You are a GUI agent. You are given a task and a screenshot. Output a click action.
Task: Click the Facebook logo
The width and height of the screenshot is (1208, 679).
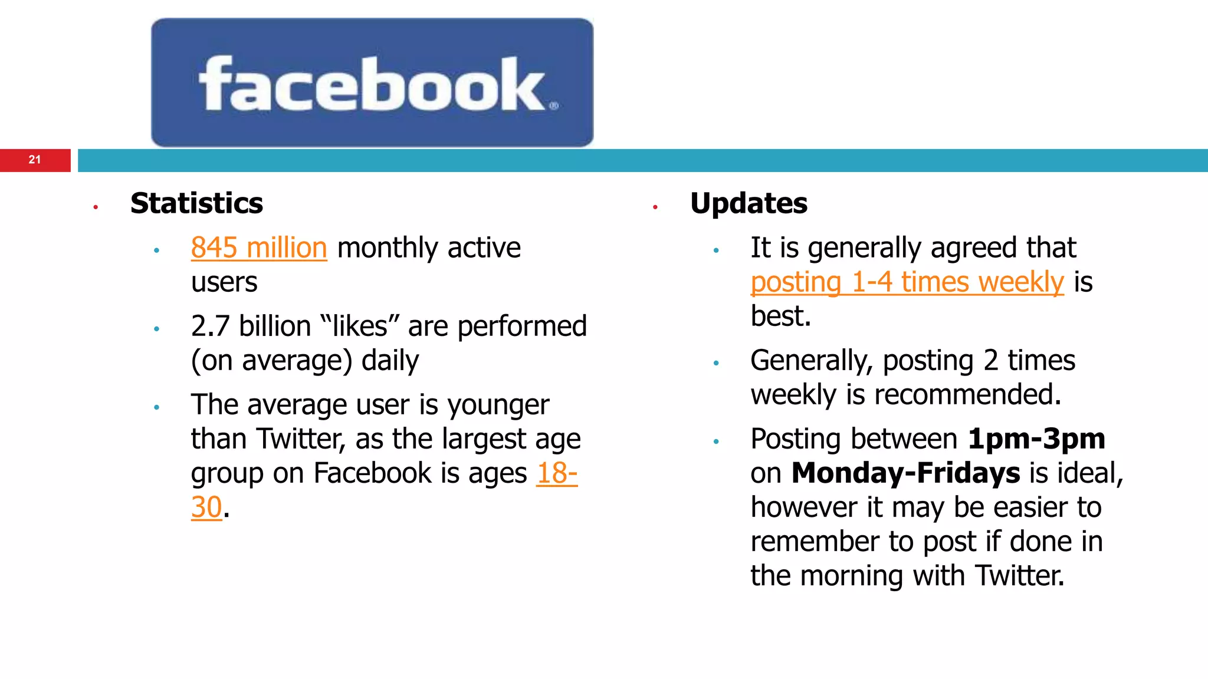click(x=372, y=83)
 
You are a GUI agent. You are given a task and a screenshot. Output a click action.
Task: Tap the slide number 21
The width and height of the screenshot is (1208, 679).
click(x=35, y=160)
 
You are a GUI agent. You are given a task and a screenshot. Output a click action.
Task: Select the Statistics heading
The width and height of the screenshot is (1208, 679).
click(x=196, y=203)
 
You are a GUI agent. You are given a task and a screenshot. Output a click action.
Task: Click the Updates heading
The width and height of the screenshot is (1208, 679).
click(x=749, y=203)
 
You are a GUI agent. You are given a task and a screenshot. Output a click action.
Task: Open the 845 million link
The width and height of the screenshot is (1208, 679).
click(x=258, y=248)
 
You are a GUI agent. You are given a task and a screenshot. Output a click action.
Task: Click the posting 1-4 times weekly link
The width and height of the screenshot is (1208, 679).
click(x=907, y=282)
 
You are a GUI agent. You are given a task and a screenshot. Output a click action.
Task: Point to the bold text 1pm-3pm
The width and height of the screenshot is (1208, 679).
click(x=1036, y=439)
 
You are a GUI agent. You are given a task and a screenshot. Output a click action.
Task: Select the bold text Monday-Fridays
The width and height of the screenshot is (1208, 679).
click(x=905, y=473)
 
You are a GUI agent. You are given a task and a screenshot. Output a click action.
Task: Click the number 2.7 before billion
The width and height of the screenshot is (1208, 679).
click(x=210, y=326)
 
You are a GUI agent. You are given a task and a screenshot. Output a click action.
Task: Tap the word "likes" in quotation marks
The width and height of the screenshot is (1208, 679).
click(x=360, y=326)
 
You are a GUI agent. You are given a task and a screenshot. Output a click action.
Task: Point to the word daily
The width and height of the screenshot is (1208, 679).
click(x=390, y=361)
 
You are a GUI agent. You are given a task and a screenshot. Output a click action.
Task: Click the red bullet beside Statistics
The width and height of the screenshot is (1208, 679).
click(x=96, y=207)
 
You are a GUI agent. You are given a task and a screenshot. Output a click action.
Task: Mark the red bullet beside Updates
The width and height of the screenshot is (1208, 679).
click(x=655, y=207)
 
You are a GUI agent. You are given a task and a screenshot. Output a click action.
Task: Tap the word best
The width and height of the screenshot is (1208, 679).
click(x=780, y=316)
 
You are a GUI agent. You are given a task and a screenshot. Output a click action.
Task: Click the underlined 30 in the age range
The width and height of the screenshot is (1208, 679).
click(x=206, y=507)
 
